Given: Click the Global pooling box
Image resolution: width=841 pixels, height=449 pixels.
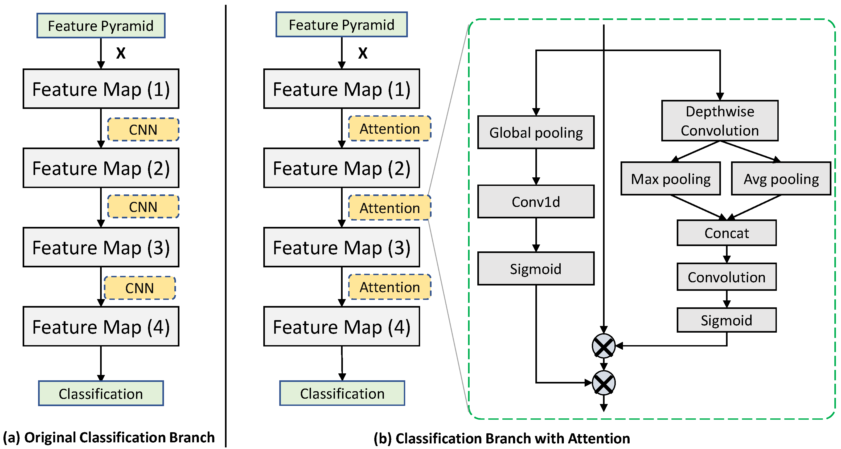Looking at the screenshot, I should [x=536, y=132].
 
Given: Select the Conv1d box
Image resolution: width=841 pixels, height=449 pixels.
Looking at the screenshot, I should [x=536, y=202].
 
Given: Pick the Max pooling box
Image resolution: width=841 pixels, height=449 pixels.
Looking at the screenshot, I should [x=671, y=179].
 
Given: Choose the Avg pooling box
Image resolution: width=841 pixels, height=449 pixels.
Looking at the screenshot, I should [x=781, y=179].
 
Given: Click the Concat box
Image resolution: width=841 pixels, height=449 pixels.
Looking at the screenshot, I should [x=727, y=233].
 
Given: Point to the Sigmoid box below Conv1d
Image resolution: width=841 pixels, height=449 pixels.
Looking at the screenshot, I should [x=536, y=268].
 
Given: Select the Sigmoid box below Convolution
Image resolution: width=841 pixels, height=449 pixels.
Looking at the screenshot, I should [x=727, y=320].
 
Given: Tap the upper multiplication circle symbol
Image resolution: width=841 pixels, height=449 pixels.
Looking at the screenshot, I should [x=604, y=346].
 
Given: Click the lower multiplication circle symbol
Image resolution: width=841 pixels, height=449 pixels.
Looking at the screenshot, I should [x=604, y=383].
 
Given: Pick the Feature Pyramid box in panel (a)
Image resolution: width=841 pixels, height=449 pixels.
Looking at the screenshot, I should [x=101, y=26].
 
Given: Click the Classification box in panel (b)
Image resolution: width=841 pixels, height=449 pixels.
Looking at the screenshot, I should [x=342, y=393].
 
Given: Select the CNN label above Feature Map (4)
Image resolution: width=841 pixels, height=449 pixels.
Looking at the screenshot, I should [x=140, y=288].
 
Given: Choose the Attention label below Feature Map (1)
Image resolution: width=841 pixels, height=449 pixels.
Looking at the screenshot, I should [x=390, y=129].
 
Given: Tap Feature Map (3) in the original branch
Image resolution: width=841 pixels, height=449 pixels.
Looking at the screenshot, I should [x=101, y=247].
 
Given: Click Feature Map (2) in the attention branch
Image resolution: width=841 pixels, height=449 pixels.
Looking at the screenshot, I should [x=342, y=168].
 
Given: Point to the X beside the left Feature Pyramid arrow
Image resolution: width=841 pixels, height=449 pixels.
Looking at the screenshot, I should [x=121, y=53].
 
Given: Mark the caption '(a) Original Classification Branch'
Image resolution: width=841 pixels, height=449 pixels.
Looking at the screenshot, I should [x=109, y=438].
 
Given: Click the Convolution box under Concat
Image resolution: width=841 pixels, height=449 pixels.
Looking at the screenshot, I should [x=727, y=277].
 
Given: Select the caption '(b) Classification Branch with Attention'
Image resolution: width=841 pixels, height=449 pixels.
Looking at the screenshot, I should [x=502, y=438].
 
